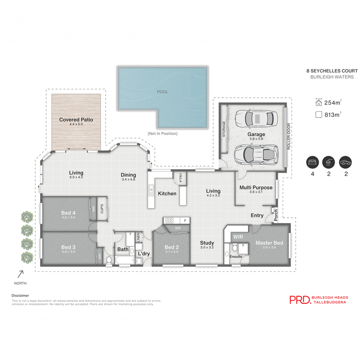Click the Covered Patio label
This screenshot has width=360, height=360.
point(75,120)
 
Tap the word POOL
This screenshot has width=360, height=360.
point(162,92)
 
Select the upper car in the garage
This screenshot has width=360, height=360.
point(256,118)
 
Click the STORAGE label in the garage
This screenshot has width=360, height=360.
point(224,129)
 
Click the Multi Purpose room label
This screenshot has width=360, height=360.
point(256,187)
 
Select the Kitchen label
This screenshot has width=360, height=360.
point(167,193)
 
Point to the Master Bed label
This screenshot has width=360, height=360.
point(269,243)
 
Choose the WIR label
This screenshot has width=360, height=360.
point(238,236)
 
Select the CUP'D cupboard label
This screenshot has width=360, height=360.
point(102,209)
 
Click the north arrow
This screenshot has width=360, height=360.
point(20,273)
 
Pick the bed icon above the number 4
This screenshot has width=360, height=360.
point(311,162)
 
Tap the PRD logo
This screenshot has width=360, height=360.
point(299,300)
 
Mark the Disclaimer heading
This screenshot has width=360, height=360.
point(20,296)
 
